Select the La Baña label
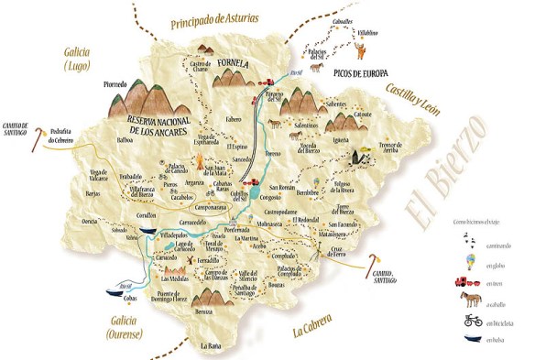tap(211, 345)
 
